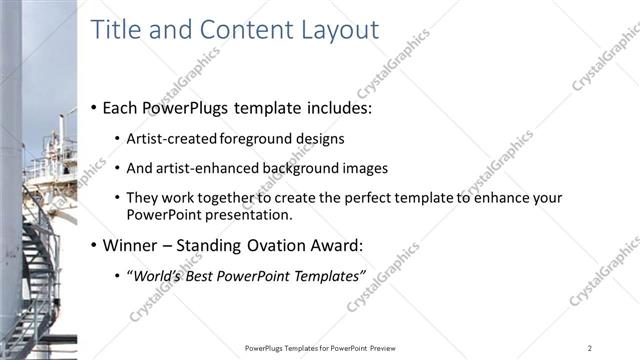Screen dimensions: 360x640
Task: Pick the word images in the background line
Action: [x=365, y=168]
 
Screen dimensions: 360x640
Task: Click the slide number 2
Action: [x=590, y=347]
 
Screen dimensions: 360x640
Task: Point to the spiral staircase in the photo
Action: [x=40, y=260]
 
